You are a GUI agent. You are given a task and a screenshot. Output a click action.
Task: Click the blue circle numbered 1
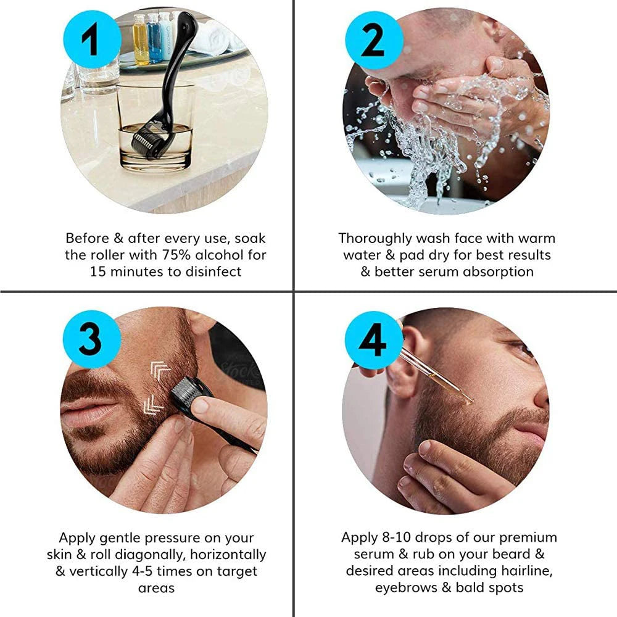[92, 39]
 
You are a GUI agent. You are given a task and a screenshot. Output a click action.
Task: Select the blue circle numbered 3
[92, 339]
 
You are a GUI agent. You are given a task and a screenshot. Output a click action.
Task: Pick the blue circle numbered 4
[374, 340]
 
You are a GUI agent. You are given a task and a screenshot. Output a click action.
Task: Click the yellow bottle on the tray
[141, 39]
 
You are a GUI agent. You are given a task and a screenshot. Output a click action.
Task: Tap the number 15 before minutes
[98, 272]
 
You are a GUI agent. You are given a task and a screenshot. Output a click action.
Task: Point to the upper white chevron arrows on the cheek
[160, 370]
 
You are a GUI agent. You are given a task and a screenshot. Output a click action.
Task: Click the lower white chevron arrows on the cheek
[154, 405]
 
